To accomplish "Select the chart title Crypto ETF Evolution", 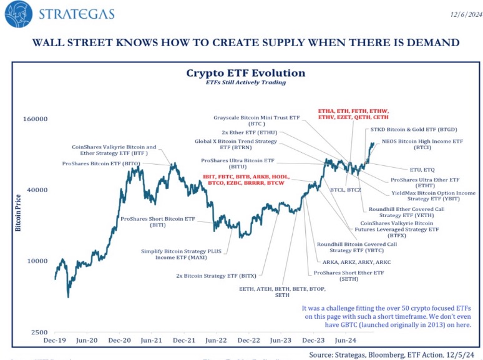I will [x=245, y=73].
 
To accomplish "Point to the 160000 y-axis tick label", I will [x=35, y=119].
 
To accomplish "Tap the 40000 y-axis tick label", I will [x=37, y=190].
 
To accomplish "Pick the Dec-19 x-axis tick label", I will [x=55, y=341].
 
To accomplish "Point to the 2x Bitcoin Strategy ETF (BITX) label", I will [x=216, y=275].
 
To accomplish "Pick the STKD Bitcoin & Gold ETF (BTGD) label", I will [x=413, y=130].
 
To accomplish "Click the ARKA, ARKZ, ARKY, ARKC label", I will [x=356, y=262].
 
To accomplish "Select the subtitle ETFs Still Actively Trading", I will [x=245, y=82].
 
